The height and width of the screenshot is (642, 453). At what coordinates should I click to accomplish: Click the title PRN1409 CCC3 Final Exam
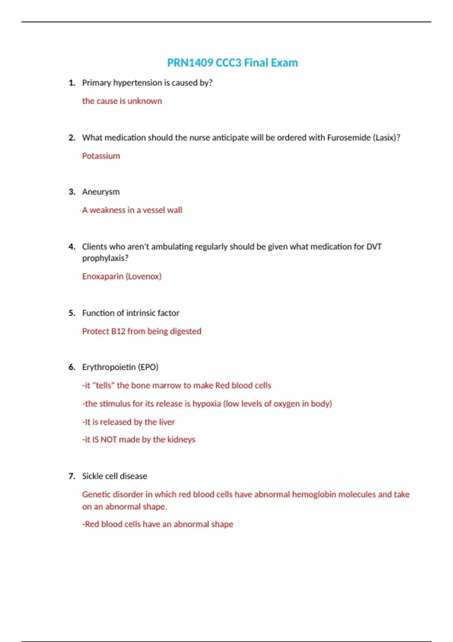[232, 63]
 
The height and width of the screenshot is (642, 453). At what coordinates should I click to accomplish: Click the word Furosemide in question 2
[348, 138]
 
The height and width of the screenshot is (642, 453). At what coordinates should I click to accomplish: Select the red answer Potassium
[101, 156]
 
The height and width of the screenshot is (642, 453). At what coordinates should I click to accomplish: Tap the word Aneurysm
[101, 192]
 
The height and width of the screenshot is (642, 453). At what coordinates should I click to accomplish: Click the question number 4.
[72, 247]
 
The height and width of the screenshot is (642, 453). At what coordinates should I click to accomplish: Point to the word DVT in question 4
[374, 247]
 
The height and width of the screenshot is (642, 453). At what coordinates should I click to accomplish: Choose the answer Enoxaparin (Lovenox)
[122, 276]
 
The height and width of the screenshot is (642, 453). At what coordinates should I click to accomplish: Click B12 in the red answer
[118, 331]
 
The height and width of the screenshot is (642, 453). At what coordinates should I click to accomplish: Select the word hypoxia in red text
[206, 404]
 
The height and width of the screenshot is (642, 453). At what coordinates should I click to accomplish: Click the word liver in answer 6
[166, 422]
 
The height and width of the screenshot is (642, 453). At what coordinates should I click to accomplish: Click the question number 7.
[72, 476]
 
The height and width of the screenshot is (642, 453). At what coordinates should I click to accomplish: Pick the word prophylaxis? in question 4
[105, 258]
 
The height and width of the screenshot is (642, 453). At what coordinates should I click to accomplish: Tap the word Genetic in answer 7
[96, 494]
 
